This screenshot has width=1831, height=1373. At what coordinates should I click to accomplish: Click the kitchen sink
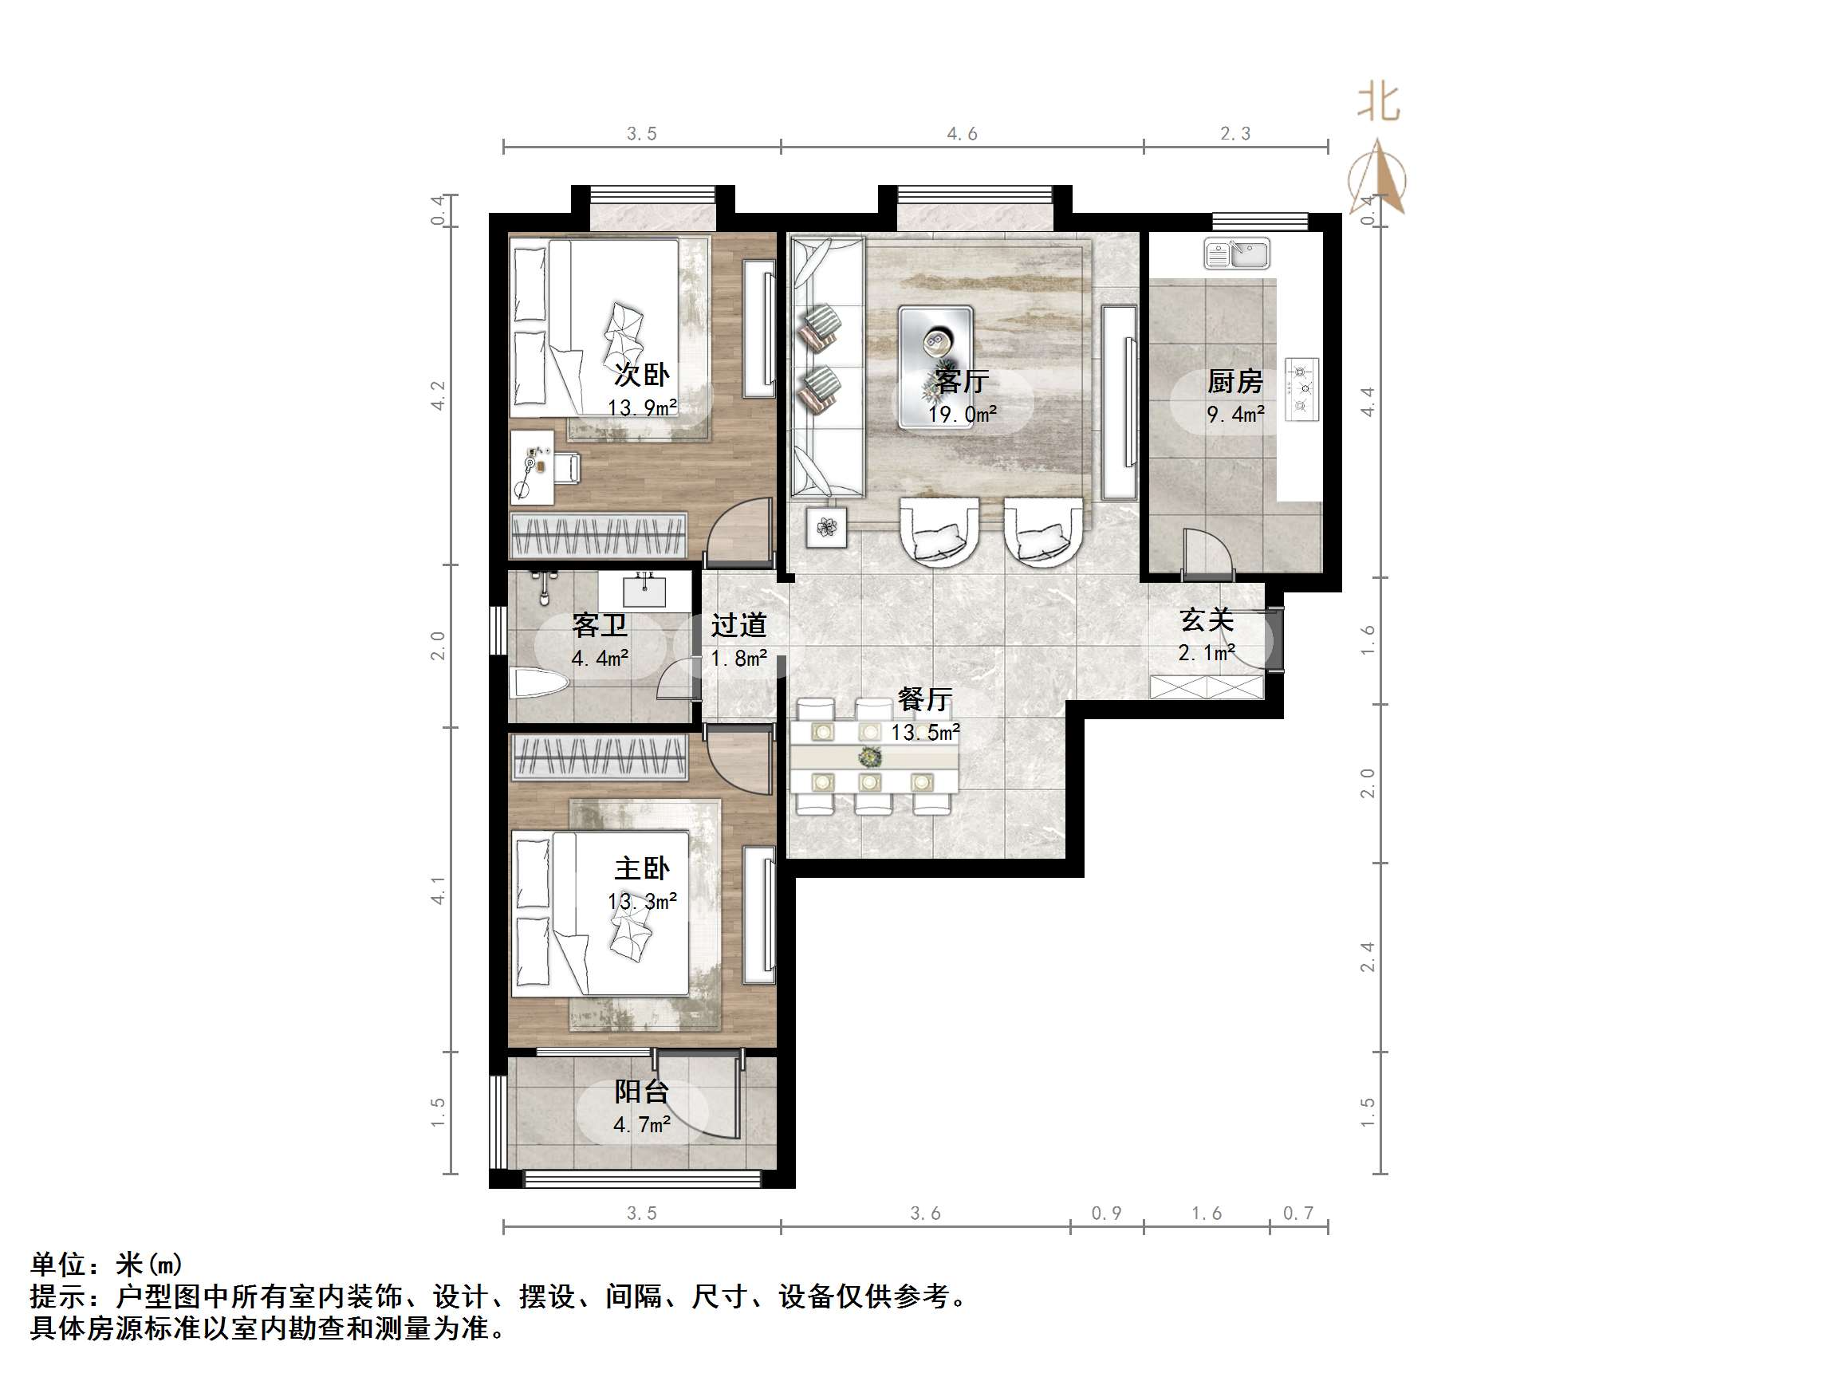coord(1236,254)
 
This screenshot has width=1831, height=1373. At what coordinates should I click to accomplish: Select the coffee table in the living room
coord(935,366)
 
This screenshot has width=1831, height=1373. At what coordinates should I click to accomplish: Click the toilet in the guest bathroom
coord(538,683)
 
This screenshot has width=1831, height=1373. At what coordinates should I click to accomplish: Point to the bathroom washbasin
coord(644,591)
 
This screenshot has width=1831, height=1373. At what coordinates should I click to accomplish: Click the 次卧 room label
coord(641,375)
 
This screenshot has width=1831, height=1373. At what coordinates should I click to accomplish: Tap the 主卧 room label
coord(641,868)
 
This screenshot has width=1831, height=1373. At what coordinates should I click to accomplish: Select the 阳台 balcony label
coord(641,1092)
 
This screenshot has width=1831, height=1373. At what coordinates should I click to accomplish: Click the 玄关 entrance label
coord(1207,620)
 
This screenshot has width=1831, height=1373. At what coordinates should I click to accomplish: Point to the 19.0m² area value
coord(962,414)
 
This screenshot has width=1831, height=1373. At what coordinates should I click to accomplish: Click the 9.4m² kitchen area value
coord(1235,414)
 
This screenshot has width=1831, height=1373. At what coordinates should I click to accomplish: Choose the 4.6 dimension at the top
coord(962,134)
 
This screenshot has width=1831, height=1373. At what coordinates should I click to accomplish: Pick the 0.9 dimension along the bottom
coord(1106,1214)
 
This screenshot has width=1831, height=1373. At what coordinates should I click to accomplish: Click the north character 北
coord(1378,104)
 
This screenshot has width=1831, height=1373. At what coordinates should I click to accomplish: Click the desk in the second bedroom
coord(531,466)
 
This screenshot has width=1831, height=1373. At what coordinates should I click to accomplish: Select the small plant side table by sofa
coord(826,526)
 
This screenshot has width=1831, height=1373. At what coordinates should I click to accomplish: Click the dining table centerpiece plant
coord(869,757)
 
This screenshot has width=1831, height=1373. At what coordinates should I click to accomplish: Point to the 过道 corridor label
coord(738,625)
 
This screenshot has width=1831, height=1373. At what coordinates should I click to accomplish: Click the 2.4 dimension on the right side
coord(1368,957)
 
